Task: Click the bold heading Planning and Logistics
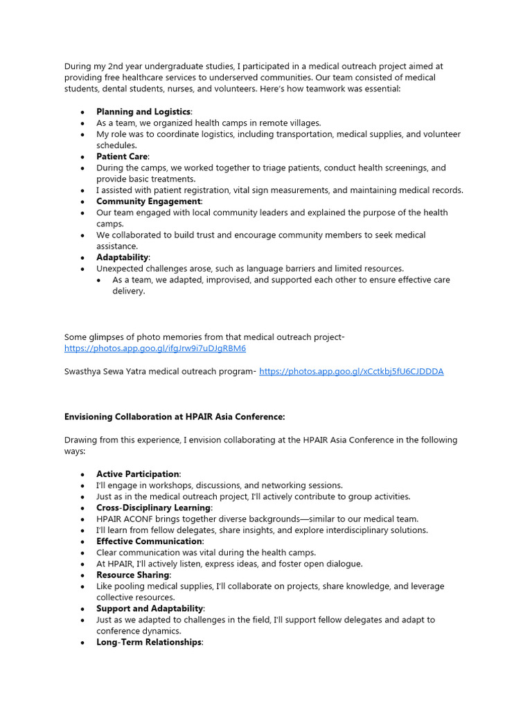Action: point(143,111)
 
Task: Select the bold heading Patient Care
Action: point(122,156)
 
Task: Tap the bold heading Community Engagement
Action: point(149,201)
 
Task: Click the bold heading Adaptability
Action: point(123,258)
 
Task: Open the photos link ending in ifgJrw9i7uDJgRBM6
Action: point(155,348)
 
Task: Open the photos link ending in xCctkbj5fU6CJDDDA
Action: point(351,371)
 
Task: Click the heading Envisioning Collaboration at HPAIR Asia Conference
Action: point(175,417)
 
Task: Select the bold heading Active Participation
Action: point(138,474)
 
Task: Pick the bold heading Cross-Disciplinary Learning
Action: point(153,508)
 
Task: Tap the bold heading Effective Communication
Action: point(150,541)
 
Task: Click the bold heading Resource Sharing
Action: point(133,575)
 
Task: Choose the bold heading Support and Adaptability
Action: point(150,609)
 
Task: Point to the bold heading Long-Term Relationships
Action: point(149,643)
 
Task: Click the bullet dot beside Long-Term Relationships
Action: point(82,643)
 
